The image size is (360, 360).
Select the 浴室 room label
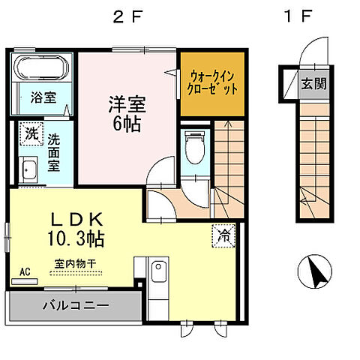pos(42,97)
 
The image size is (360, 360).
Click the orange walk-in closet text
pos(213,82)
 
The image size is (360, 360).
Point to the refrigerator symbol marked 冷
pos(223,235)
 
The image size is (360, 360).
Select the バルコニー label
pos(75,305)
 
